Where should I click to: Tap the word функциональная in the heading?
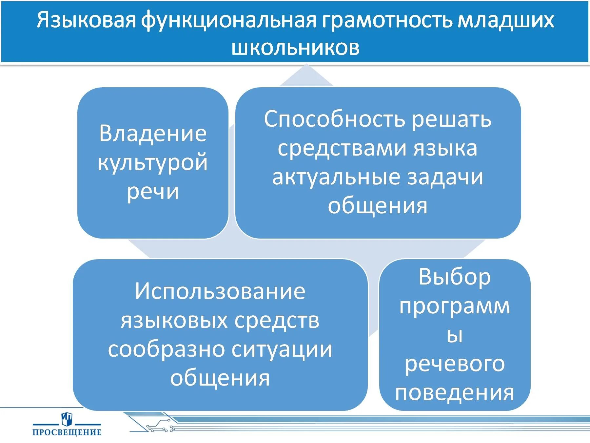pos(228,20)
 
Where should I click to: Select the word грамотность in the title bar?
pos(387,20)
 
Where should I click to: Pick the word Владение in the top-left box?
pos(153,134)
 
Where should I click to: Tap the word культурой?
pos(153,162)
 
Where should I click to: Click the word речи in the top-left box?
pos(153,191)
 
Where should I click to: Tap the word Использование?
pos(220,291)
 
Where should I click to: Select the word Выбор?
pos(455,277)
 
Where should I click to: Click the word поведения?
pos(455,392)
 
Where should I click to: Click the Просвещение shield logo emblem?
pos(67,419)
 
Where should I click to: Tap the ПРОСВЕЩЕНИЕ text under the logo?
pos(67,432)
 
